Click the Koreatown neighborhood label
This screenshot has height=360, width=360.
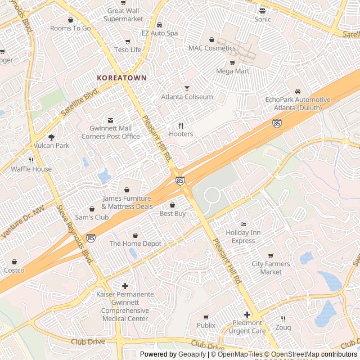pos(121,78)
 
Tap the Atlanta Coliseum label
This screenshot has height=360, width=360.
pos(187,97)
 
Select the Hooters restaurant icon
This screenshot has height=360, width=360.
pos(181,125)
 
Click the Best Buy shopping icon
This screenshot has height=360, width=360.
pos(173,205)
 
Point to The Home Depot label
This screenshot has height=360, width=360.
pos(135,244)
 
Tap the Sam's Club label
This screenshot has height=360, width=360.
pos(92,217)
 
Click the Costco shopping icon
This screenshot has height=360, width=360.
pos(14,262)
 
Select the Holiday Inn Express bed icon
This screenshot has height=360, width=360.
pos(243,224)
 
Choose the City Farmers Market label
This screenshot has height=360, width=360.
pos(271,268)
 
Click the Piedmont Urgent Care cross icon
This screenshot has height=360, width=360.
pos(247,314)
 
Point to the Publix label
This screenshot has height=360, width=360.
pos(206,325)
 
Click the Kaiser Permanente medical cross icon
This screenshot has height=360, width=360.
pos(125,286)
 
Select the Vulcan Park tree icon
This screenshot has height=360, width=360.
pos(51,137)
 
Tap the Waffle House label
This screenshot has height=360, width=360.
pos(31,169)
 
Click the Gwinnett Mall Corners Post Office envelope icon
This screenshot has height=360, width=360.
pos(110,120)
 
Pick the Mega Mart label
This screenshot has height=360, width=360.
pos(232,71)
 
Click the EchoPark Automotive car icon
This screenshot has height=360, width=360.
pos(298,92)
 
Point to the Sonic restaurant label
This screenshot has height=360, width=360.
pos(262,19)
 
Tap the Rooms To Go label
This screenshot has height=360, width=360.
pos(70,28)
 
